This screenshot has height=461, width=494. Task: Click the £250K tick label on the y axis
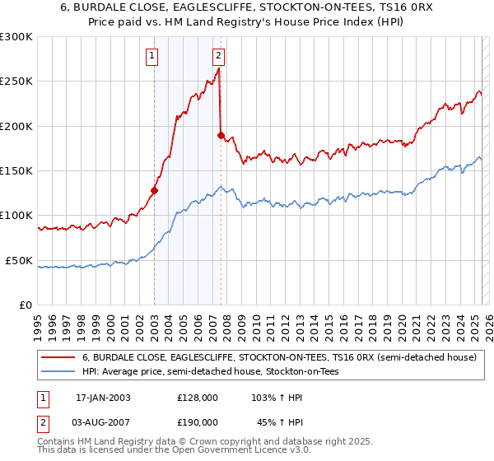pyautogui.click(x=16, y=81)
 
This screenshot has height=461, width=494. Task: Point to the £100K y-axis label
pyautogui.click(x=16, y=216)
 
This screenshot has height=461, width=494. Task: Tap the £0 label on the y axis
pyautogui.click(x=26, y=305)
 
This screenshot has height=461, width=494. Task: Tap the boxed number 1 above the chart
pyautogui.click(x=153, y=56)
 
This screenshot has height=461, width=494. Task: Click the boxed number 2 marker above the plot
pyautogui.click(x=218, y=56)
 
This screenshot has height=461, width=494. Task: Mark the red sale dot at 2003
pyautogui.click(x=154, y=190)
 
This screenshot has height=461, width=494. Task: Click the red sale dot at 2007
pyautogui.click(x=221, y=135)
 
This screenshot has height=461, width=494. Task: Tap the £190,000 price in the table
pyautogui.click(x=198, y=422)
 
